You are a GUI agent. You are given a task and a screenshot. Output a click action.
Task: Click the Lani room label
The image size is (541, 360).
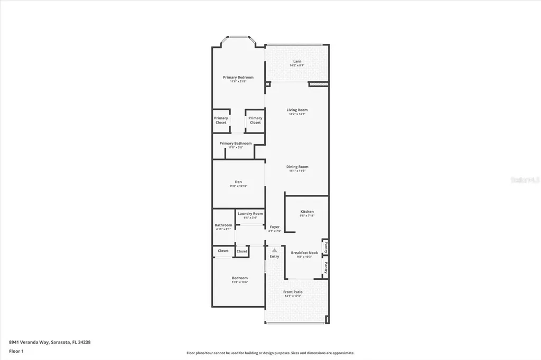(x=297, y=61)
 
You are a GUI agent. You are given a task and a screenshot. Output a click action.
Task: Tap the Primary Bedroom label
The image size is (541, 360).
(x=238, y=77)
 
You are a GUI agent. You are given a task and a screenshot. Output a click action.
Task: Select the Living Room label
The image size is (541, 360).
(x=297, y=110)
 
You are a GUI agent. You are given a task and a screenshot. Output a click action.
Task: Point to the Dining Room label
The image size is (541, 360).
(x=298, y=167)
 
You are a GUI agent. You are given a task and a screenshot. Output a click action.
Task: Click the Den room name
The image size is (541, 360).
(x=238, y=182)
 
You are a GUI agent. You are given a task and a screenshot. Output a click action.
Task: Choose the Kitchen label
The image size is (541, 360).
(x=307, y=212)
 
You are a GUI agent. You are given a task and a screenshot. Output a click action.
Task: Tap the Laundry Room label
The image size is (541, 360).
(x=250, y=214)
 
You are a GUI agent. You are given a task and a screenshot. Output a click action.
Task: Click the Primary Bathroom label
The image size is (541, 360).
(x=235, y=143)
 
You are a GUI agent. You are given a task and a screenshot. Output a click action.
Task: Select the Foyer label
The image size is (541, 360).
(x=275, y=227)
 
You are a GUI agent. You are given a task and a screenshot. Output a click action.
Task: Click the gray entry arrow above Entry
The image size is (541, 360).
(x=274, y=250)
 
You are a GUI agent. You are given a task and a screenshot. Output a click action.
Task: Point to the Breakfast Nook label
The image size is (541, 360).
(x=304, y=253)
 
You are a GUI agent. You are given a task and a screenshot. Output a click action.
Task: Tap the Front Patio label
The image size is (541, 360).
(x=292, y=292)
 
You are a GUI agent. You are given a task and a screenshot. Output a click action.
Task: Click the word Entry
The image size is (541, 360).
(x=275, y=257)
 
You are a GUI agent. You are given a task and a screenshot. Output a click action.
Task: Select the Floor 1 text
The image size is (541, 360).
(x=16, y=351)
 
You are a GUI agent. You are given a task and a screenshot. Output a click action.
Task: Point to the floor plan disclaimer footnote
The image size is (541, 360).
(x=270, y=353)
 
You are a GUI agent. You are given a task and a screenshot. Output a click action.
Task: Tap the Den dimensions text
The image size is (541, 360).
(x=238, y=186)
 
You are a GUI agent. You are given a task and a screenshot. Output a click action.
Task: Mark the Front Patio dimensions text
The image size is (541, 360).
(x=292, y=296)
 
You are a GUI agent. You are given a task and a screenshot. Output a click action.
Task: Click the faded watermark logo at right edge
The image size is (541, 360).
(x=525, y=180)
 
